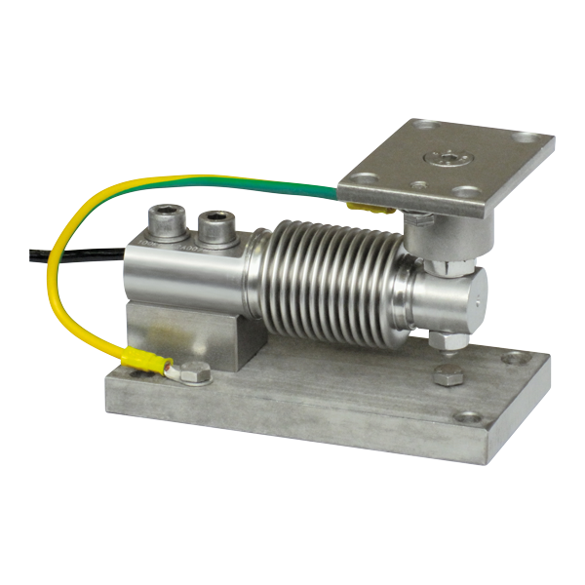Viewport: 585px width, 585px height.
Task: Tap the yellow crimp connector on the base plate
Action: (x=143, y=364)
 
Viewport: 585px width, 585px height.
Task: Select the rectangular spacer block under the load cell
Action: (x=185, y=331)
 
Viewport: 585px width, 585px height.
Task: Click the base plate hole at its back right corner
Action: (x=512, y=358)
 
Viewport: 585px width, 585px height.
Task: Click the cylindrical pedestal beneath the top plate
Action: (x=425, y=235)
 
